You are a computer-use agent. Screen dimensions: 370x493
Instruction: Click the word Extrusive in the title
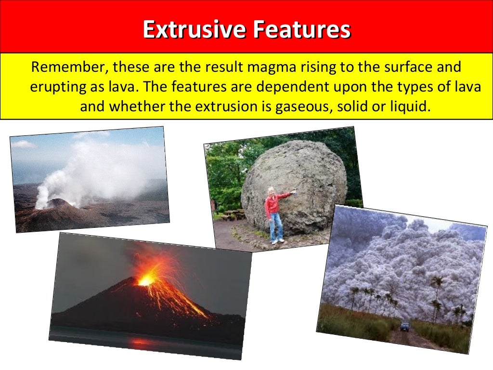194,30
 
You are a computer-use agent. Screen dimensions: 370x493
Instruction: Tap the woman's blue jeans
276,226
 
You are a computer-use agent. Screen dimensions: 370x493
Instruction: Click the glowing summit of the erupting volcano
145,279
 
